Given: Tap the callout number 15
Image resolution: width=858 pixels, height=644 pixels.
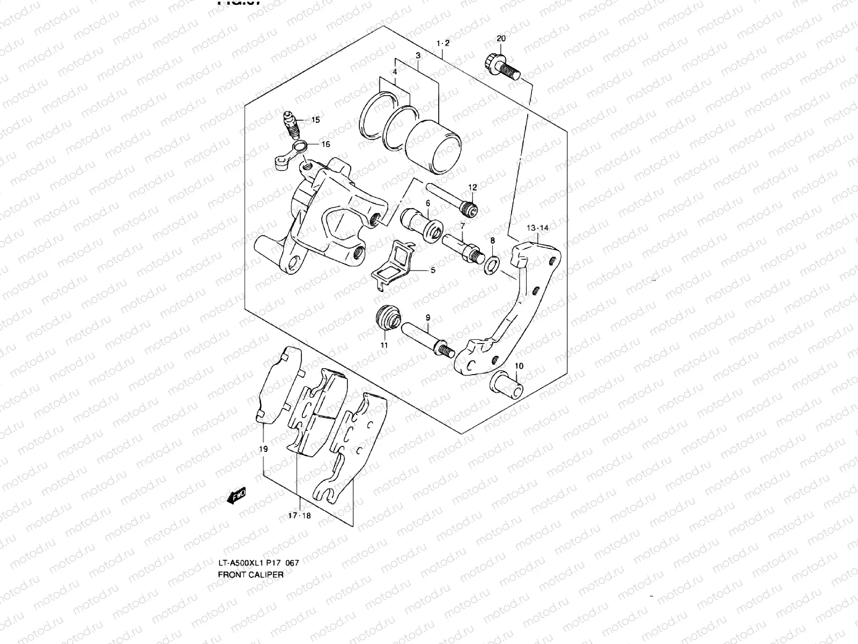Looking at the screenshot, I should pyautogui.click(x=315, y=120).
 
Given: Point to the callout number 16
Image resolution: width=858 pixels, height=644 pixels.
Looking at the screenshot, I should pyautogui.click(x=326, y=144).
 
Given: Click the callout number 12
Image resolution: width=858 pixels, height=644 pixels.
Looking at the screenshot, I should pyautogui.click(x=472, y=187).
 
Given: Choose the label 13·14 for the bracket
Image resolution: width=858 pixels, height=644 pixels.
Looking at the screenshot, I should pyautogui.click(x=537, y=228).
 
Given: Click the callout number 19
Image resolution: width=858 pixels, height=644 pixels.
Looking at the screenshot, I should pyautogui.click(x=263, y=449).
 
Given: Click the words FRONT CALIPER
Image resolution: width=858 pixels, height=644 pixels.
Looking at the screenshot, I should pyautogui.click(x=250, y=574).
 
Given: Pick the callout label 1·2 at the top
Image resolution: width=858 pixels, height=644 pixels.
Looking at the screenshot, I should pyautogui.click(x=443, y=43).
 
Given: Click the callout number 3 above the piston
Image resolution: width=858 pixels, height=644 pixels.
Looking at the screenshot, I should pyautogui.click(x=418, y=55).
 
